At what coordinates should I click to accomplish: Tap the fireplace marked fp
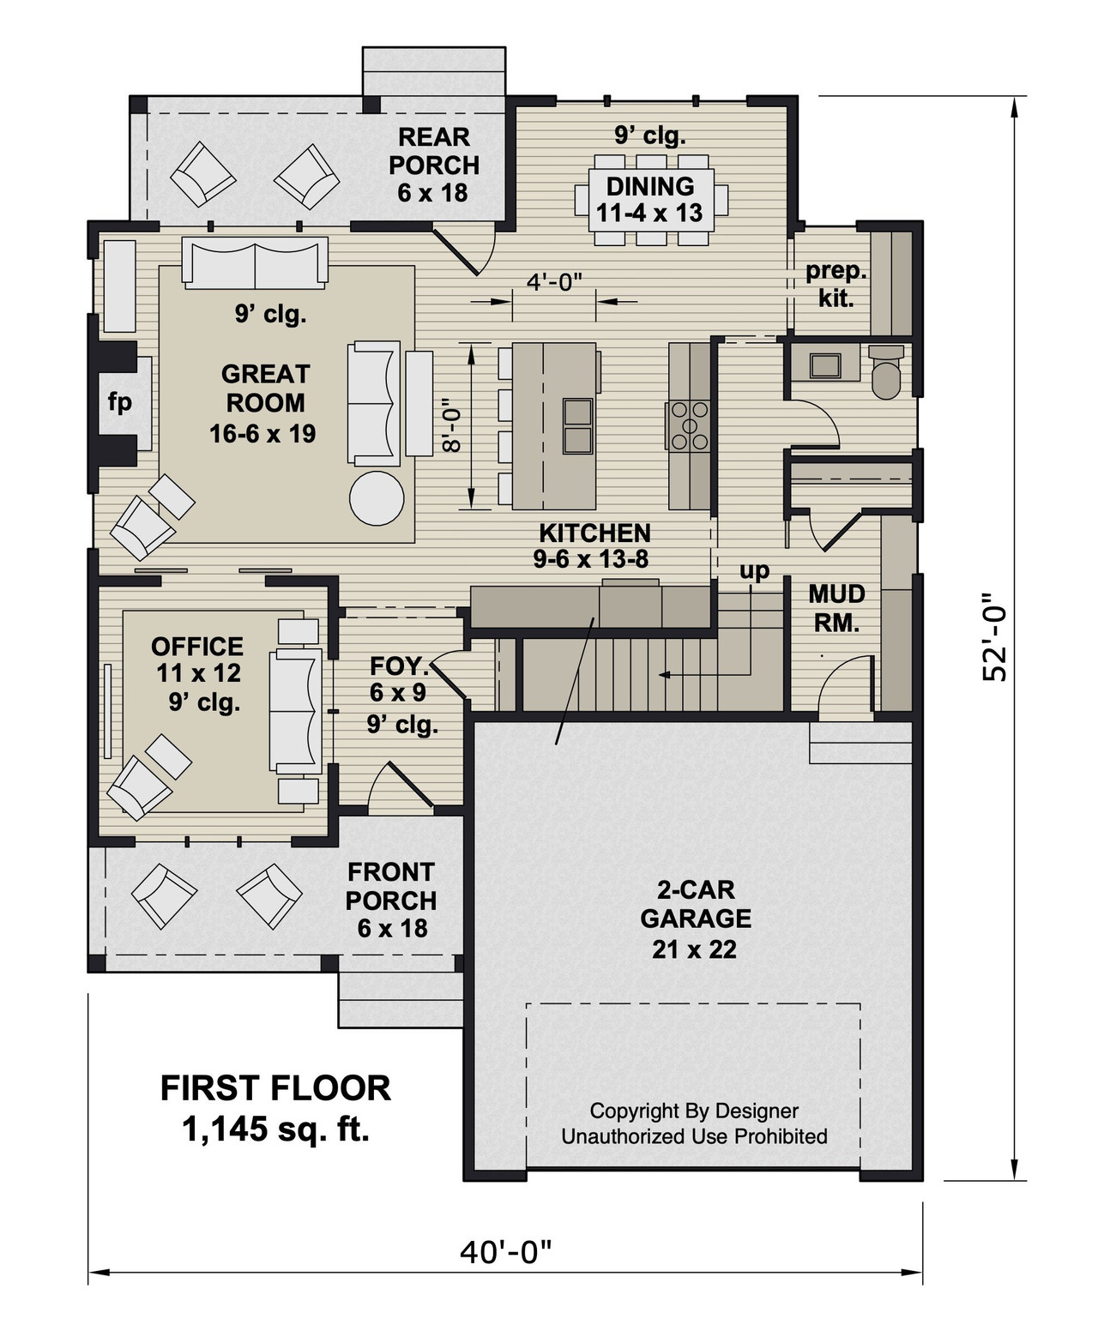click(120, 402)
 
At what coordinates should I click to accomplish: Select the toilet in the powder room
click(886, 370)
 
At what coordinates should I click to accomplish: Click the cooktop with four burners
click(690, 425)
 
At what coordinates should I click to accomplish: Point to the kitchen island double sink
click(577, 425)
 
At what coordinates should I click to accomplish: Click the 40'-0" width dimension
click(505, 1253)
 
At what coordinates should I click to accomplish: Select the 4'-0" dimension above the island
click(553, 281)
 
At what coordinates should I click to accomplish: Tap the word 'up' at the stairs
click(755, 570)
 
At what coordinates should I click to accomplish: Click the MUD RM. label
click(836, 608)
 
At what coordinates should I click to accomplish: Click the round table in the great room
click(377, 497)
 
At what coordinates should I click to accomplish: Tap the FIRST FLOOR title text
click(275, 1087)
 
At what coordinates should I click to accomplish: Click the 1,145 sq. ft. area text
click(275, 1129)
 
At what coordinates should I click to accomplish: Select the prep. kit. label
click(836, 285)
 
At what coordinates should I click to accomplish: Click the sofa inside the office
click(296, 711)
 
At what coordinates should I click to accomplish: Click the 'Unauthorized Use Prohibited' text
click(694, 1136)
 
